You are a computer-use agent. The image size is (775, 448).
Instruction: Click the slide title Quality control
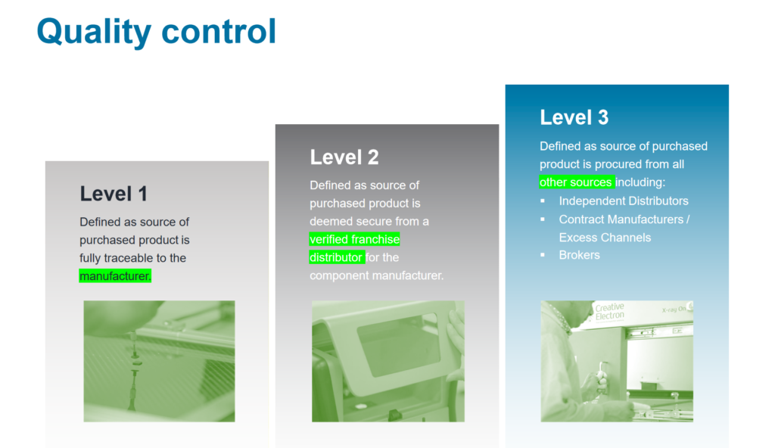click(156, 32)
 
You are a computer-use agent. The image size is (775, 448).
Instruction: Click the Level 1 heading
click(114, 194)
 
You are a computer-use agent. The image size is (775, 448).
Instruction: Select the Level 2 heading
click(344, 157)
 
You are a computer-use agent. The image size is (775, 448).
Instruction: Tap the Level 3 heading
click(574, 118)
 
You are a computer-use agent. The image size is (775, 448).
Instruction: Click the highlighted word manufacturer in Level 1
click(115, 276)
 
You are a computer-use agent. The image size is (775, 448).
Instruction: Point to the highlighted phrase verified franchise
click(354, 239)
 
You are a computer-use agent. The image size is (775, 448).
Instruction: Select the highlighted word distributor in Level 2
click(337, 257)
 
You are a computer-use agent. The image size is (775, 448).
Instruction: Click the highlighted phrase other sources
click(576, 182)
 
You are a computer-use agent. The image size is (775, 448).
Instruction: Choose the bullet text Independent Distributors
click(624, 201)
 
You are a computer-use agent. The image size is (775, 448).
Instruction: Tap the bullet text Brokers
click(579, 255)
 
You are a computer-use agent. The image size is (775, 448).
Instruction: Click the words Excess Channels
click(605, 238)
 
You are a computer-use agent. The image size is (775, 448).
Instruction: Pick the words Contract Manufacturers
click(621, 219)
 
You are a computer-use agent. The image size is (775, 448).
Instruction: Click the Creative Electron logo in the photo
click(609, 312)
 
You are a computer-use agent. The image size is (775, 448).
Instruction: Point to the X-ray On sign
click(674, 310)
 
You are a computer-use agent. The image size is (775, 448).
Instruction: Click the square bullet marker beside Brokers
click(543, 255)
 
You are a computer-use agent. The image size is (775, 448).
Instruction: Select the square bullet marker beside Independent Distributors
click(543, 201)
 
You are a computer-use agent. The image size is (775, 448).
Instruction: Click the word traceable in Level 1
click(128, 258)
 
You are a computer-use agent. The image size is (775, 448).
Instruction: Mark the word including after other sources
click(640, 182)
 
